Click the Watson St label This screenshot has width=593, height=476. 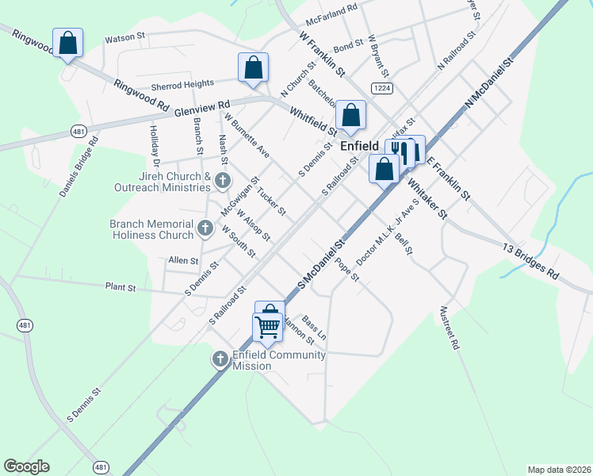(126, 36)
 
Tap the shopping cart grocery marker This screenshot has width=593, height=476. (268, 326)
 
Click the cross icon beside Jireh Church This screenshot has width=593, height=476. (223, 182)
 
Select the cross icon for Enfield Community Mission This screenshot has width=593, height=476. (221, 360)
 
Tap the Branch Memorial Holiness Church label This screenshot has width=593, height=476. (151, 229)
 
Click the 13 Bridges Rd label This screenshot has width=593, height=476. (531, 259)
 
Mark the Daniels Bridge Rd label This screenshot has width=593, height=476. (78, 167)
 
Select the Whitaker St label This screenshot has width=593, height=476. (427, 198)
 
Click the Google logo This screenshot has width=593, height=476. (27, 466)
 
